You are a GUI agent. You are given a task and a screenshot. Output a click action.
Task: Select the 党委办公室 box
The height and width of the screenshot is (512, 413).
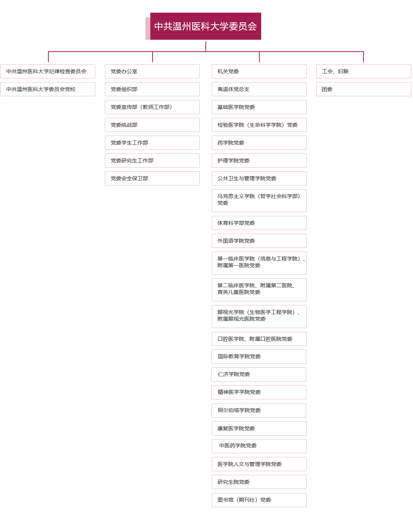[152, 71]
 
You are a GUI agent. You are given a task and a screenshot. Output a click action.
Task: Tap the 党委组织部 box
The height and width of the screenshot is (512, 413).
[152, 89]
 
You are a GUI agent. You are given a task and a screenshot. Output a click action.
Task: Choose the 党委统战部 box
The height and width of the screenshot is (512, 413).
[152, 125]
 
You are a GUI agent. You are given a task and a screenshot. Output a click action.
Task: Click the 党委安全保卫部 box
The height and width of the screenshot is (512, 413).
[152, 178]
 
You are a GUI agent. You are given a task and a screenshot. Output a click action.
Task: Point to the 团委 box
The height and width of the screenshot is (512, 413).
[363, 89]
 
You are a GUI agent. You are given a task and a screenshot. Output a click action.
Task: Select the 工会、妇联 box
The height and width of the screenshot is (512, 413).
[363, 71]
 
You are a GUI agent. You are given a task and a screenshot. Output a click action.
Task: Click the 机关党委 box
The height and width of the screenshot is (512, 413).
[259, 71]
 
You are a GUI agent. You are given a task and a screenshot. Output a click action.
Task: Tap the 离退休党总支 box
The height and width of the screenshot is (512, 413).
[259, 89]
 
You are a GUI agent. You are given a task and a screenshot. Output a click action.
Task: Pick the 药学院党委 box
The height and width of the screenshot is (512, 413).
[259, 143]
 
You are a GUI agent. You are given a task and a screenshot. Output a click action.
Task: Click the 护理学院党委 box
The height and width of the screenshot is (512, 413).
[259, 161]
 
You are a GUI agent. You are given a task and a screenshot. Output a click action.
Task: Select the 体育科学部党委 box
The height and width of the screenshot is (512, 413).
[259, 223]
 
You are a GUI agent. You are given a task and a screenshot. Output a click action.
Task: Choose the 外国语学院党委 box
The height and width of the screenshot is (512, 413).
[259, 241]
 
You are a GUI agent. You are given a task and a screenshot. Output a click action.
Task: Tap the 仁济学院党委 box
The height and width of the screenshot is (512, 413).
[259, 374]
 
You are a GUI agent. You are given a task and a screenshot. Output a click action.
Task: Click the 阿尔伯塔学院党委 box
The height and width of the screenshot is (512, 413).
[259, 410]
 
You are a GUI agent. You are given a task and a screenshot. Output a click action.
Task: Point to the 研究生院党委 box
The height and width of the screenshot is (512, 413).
[259, 482]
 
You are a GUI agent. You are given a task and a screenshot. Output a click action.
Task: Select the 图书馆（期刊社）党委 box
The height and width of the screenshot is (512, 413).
[259, 500]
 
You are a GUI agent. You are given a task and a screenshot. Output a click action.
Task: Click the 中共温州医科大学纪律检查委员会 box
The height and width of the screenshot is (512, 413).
[48, 71]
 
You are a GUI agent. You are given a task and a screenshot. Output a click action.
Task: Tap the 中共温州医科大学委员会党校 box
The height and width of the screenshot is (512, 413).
[48, 89]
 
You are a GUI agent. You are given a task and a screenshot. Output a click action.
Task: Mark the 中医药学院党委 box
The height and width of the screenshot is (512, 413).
[259, 446]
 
